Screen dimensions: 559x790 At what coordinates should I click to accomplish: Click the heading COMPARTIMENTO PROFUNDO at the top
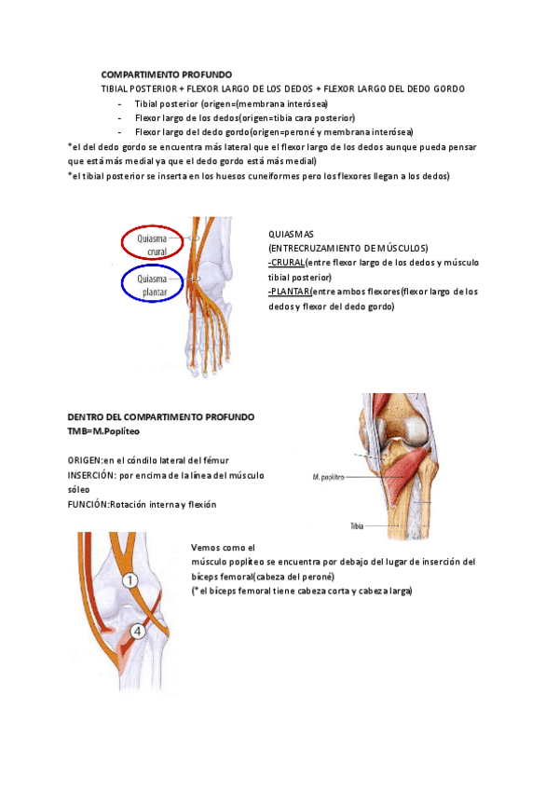click(167, 75)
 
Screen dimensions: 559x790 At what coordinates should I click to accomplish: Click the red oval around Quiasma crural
click(157, 243)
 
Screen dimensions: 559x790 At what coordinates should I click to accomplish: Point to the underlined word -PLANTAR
click(290, 293)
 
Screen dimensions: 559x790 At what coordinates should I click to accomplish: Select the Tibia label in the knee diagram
click(357, 525)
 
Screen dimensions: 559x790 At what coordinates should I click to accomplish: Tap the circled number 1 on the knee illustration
click(131, 580)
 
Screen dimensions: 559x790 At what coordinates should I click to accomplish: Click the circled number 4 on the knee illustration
click(138, 632)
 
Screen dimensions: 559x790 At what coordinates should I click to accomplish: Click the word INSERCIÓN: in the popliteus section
click(91, 475)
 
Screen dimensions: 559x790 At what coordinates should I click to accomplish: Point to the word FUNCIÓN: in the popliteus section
click(89, 505)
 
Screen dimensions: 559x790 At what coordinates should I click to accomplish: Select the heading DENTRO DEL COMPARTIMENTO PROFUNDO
click(161, 417)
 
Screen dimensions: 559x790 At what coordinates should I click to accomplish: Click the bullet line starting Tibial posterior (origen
click(231, 103)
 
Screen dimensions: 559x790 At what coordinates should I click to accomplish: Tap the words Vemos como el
click(223, 548)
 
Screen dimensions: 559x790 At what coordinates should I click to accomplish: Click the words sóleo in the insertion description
click(81, 490)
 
